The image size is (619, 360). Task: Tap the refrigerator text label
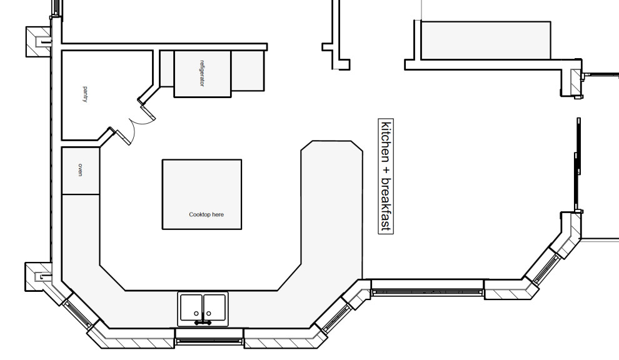pyautogui.click(x=202, y=74)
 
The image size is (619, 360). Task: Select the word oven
pyautogui.click(x=80, y=170)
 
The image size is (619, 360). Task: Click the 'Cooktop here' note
pyautogui.click(x=206, y=214)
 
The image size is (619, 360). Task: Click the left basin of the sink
pyautogui.click(x=193, y=307)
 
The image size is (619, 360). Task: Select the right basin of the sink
pyautogui.click(x=215, y=307)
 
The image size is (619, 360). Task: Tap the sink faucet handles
pyautogui.click(x=203, y=322)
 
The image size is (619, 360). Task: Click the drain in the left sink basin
pyautogui.click(x=196, y=312)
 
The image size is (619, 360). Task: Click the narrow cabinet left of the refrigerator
pyautogui.click(x=167, y=68)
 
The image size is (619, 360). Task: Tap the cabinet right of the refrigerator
pyautogui.click(x=248, y=71)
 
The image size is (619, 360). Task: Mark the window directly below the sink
pyautogui.click(x=209, y=340)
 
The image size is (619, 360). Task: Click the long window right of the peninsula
pyautogui.click(x=427, y=288)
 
